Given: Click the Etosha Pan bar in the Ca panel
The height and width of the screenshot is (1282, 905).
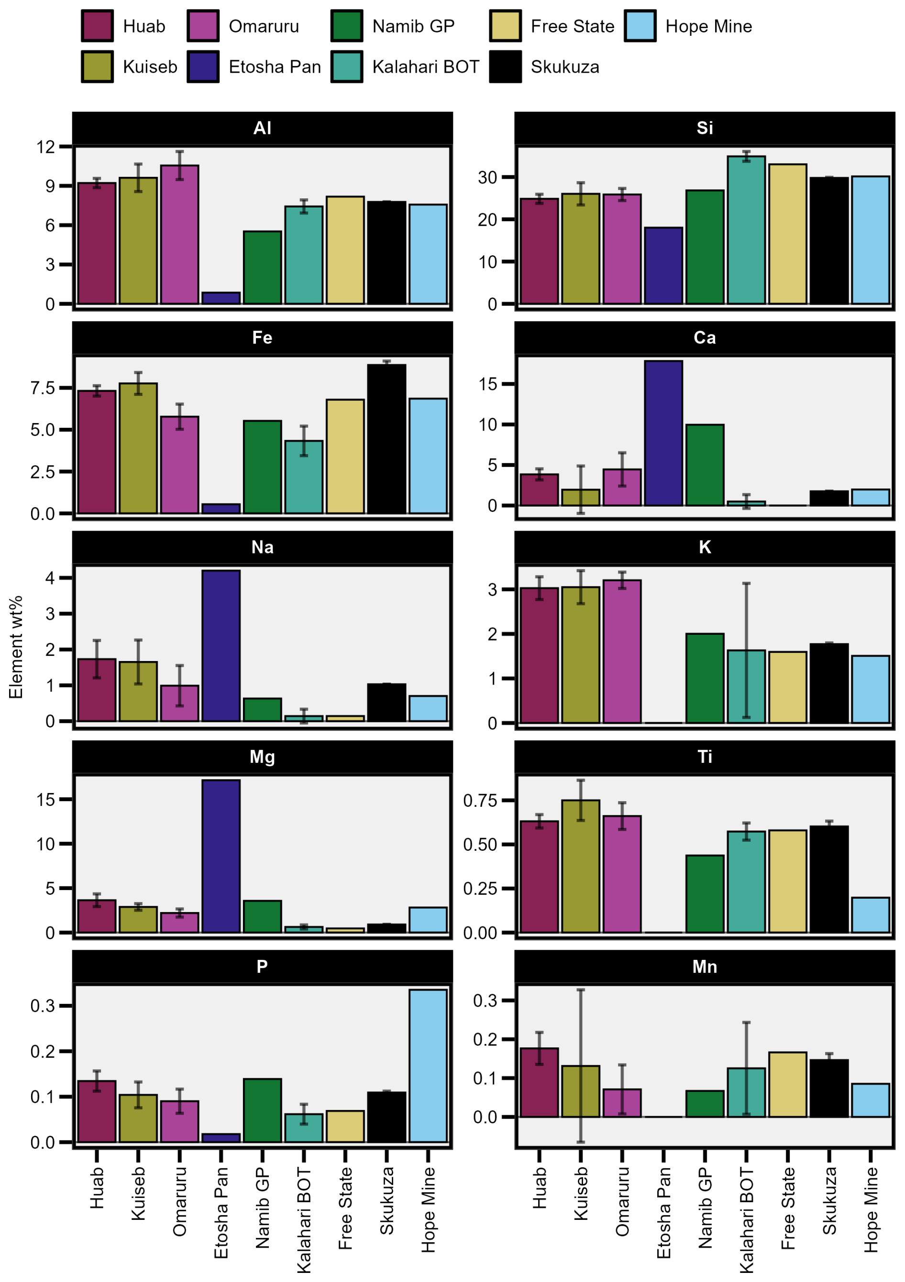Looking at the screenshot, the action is tap(663, 433).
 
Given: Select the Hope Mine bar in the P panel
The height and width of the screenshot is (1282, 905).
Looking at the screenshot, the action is tap(428, 1065).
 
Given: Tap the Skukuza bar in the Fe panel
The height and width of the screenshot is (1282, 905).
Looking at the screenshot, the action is tap(386, 438).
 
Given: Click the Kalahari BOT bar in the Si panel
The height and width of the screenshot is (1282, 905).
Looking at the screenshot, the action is tap(746, 230).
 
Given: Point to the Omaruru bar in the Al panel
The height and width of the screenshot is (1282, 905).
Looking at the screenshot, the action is tap(180, 235).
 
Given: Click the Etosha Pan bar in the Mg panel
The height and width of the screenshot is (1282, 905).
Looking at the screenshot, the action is tap(221, 856).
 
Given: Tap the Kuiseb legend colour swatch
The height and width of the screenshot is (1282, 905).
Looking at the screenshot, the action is tap(97, 66).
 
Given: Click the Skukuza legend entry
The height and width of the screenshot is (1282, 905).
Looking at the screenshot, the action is tap(545, 66).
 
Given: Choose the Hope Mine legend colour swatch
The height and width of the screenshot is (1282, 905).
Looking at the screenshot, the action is tap(640, 26).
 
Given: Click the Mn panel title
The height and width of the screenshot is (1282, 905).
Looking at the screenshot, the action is tap(705, 967).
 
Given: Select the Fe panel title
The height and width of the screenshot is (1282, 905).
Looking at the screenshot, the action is tap(262, 338).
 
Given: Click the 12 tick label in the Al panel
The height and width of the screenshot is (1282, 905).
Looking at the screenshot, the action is tap(46, 147).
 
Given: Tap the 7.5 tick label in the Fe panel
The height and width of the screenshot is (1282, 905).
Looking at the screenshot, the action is tap(43, 388).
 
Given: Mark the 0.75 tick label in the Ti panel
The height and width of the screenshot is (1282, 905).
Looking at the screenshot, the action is tap(480, 801).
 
